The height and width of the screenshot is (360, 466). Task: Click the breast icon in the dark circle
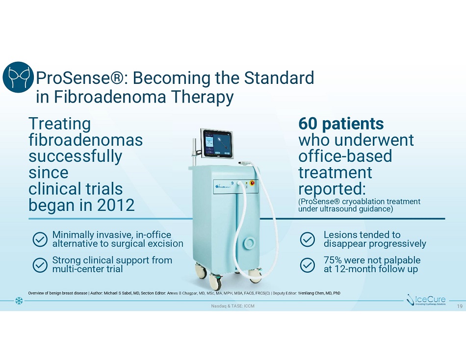click(18, 77)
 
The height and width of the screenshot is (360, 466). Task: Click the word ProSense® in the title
click(79, 78)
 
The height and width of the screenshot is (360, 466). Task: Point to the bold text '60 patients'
click(341, 124)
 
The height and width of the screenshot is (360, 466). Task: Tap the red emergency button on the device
click(253, 182)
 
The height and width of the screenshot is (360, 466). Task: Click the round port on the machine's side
click(249, 243)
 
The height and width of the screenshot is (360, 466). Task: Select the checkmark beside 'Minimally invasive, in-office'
click(40, 239)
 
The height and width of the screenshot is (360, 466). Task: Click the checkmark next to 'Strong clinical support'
click(40, 265)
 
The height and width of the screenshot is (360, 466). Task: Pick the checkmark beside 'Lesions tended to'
click(307, 239)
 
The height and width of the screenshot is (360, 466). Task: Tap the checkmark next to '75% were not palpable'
click(307, 265)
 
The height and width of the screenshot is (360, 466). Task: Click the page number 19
click(460, 306)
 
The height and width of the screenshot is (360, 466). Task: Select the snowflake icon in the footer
click(19, 301)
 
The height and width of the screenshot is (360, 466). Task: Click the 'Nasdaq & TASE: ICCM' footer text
click(233, 306)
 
